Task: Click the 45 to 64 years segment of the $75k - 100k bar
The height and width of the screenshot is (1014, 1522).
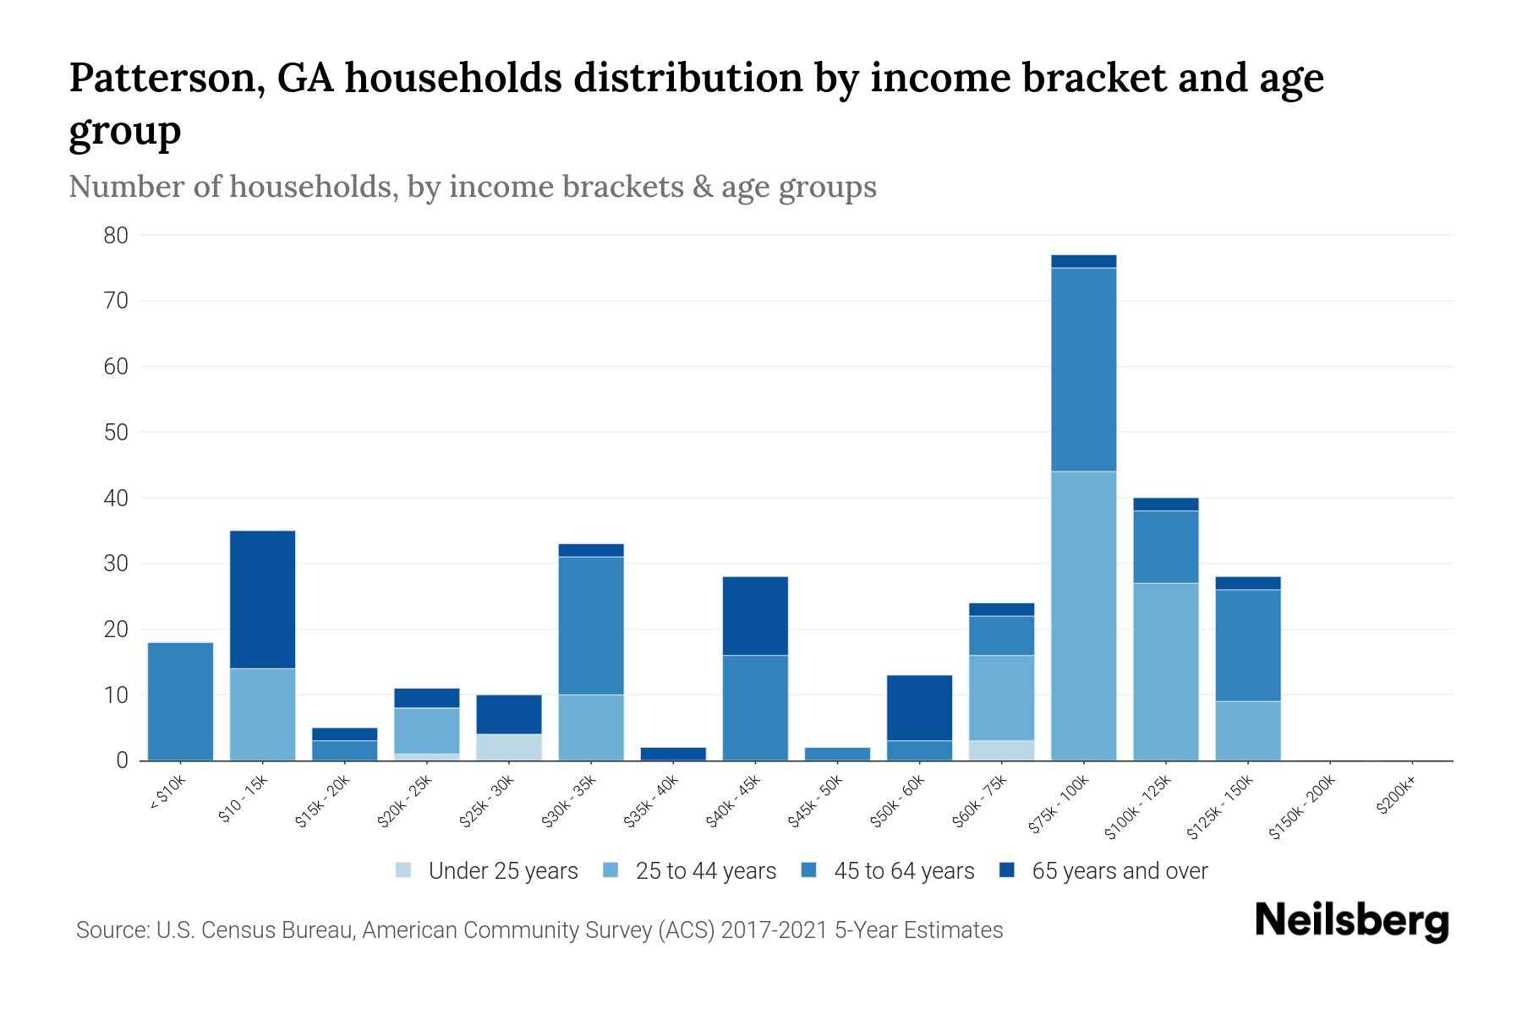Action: coord(1083,369)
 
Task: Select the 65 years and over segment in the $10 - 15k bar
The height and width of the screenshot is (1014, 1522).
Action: coord(262,599)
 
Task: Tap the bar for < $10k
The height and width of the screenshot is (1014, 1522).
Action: coord(180,701)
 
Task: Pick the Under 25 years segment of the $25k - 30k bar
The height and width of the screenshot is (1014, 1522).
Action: coord(509,747)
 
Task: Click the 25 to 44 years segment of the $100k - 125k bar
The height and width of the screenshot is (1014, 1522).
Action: coord(1165,672)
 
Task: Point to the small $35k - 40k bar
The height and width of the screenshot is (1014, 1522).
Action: coord(673,754)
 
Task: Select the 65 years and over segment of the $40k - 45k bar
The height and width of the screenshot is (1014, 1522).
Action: coord(755,616)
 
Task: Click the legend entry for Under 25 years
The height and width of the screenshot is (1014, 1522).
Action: coord(487,870)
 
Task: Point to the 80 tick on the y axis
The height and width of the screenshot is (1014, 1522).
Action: coord(116,236)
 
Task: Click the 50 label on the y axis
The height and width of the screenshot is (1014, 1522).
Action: coord(116,433)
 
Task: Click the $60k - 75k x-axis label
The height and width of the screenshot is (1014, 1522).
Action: coord(978,802)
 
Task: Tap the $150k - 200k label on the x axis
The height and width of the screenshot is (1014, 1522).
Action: coord(1302,808)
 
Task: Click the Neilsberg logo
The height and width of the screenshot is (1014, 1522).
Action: coord(1351,921)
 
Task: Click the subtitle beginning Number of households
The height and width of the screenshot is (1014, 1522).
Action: coord(472,187)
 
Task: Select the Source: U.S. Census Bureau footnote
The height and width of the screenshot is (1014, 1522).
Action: coord(539,930)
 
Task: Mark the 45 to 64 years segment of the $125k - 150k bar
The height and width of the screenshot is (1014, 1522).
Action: coord(1247,646)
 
